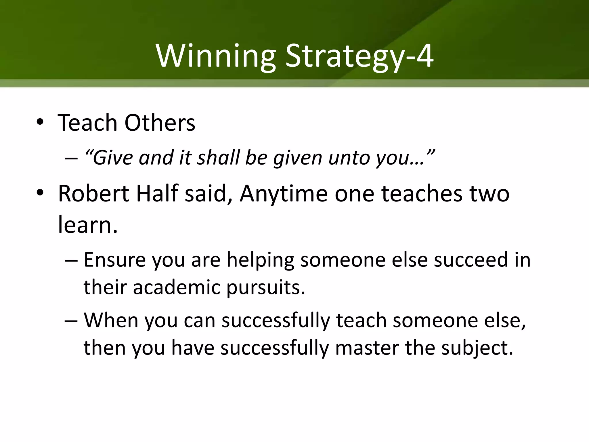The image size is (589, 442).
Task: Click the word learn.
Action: (88, 225)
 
